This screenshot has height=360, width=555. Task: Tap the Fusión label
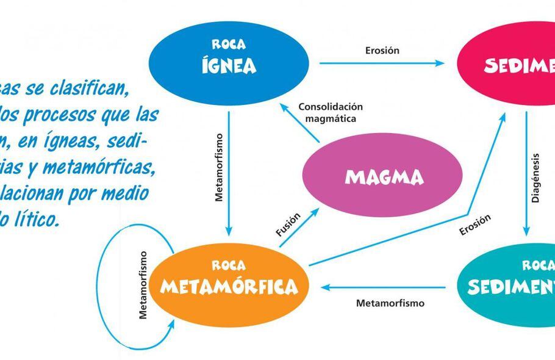click(x=288, y=225)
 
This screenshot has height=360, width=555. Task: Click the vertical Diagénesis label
click(x=535, y=178)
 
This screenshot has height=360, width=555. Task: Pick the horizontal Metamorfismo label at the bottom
click(x=390, y=303)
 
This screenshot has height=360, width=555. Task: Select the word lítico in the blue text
click(x=37, y=218)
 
